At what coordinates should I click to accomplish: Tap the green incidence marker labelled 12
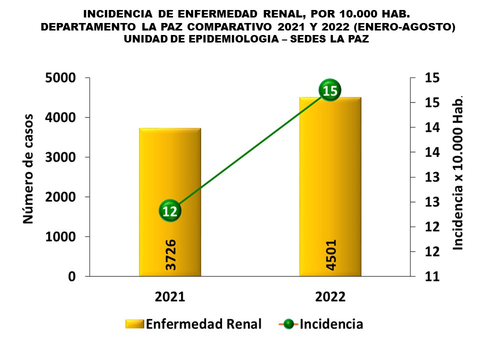pyautogui.click(x=170, y=211)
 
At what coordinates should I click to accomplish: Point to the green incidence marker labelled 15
pyautogui.click(x=329, y=90)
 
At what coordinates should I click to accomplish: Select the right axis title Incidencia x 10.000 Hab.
pyautogui.click(x=458, y=172)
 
